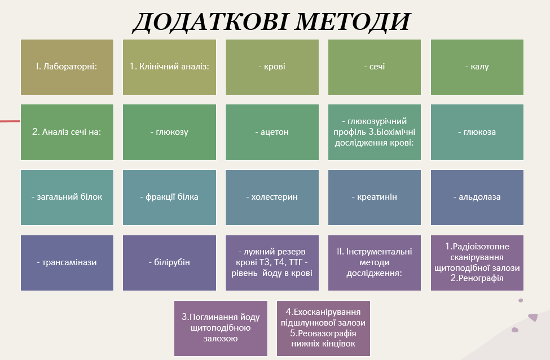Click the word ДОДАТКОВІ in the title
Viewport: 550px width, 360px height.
211,21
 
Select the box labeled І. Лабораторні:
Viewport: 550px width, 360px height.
67,67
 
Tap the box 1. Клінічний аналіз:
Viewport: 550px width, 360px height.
169,67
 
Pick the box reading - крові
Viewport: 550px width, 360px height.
272,67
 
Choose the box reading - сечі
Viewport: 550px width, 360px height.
375,67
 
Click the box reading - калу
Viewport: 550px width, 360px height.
477,67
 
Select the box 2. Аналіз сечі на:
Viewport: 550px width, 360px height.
67,132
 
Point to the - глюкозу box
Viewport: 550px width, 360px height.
169,132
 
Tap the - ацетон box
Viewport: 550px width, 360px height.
272,132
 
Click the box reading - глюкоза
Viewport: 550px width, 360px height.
477,132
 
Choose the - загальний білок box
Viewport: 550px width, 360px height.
67,197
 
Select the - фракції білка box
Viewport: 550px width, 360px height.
169,197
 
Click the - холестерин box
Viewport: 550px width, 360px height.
272,197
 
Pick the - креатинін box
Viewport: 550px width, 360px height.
375,197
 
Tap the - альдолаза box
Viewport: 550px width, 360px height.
477,197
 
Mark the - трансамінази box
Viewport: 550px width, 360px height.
67,263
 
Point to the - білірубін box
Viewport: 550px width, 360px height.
169,263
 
